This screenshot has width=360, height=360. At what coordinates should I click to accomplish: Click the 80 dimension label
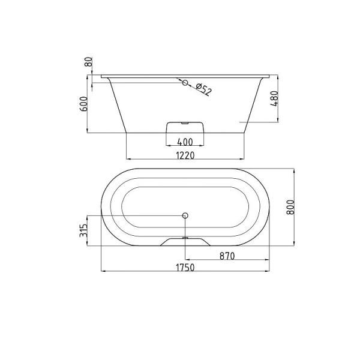(89, 62)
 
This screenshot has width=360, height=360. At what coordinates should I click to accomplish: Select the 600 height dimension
(83, 104)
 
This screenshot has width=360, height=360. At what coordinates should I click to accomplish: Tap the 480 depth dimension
(274, 98)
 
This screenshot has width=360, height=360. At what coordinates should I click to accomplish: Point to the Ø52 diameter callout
(203, 89)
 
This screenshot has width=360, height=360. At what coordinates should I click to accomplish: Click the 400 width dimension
(185, 142)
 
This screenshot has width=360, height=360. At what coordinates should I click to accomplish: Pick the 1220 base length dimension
(185, 155)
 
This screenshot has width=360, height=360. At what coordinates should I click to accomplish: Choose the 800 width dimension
(290, 207)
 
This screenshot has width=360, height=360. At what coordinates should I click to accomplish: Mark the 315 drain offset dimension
(83, 230)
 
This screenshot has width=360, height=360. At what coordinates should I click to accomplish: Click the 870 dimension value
(227, 256)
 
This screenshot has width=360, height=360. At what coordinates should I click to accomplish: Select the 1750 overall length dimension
(185, 268)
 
